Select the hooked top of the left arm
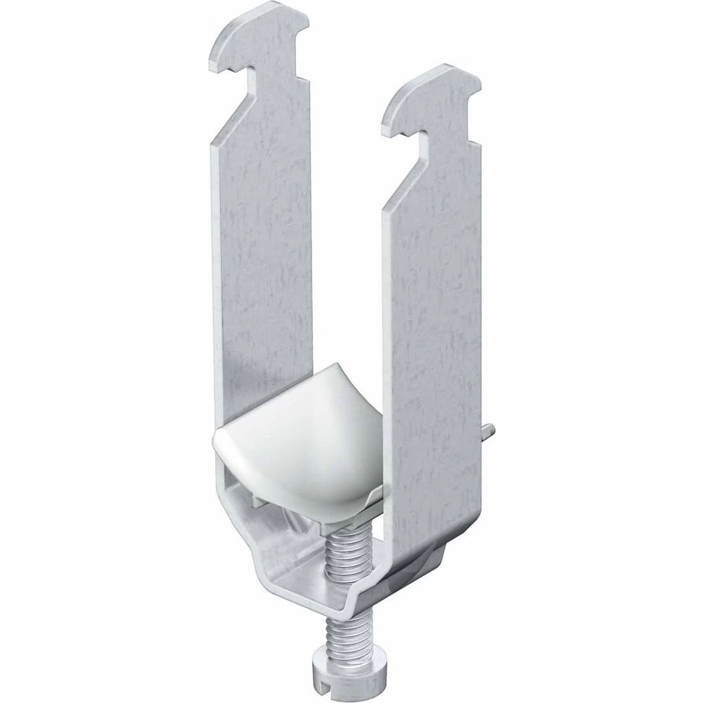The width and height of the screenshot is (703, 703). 253,35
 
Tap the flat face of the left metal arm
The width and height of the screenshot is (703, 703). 264,246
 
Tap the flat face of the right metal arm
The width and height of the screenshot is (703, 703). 436,316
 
